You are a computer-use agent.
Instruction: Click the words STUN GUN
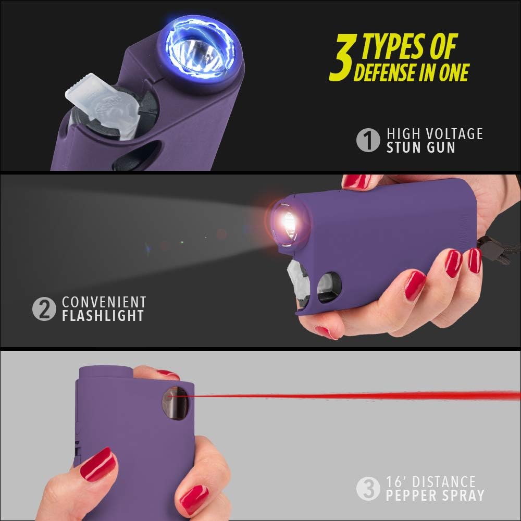pos(421,147)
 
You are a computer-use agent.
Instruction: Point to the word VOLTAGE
pos(452,133)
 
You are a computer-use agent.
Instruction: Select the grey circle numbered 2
pos(44,308)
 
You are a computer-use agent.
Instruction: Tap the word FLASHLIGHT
pos(103,316)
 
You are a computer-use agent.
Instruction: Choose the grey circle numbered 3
pos(368,488)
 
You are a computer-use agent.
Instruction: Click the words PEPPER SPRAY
pos(436,494)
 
